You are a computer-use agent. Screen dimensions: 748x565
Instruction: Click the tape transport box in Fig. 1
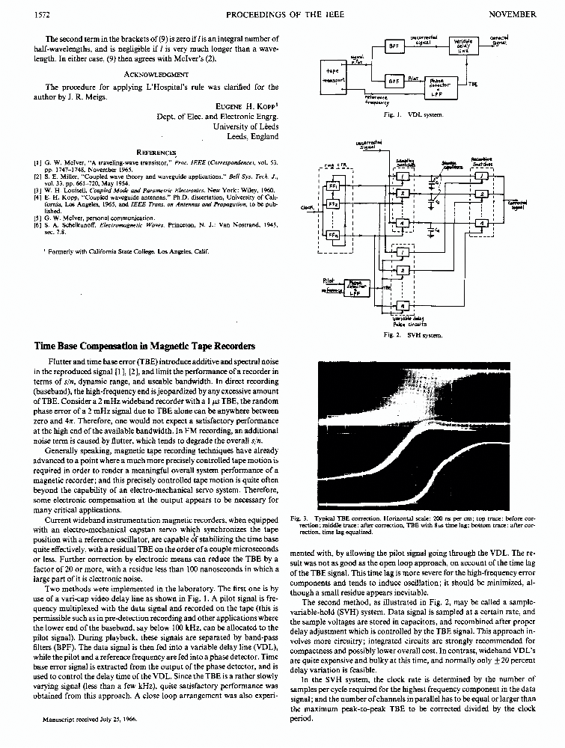click(x=331, y=78)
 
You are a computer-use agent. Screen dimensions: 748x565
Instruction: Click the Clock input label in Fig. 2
click(x=306, y=207)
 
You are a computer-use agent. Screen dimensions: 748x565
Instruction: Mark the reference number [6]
click(x=37, y=226)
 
